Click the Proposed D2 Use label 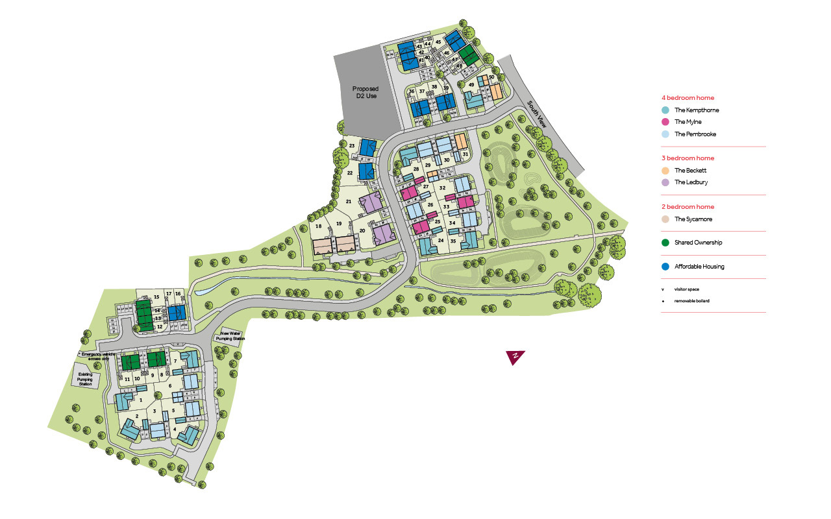[x=366, y=92]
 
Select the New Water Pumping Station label [x=232, y=335]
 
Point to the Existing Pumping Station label [x=86, y=379]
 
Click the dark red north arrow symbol [x=515, y=357]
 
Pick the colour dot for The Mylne [x=665, y=122]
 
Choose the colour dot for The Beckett [x=665, y=171]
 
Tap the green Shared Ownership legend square [x=665, y=243]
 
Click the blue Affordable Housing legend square [x=665, y=267]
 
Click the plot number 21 [x=349, y=202]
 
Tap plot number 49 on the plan [x=471, y=84]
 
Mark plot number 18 [x=318, y=226]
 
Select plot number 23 [x=351, y=145]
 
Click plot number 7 [x=175, y=361]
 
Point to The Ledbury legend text [x=691, y=182]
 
